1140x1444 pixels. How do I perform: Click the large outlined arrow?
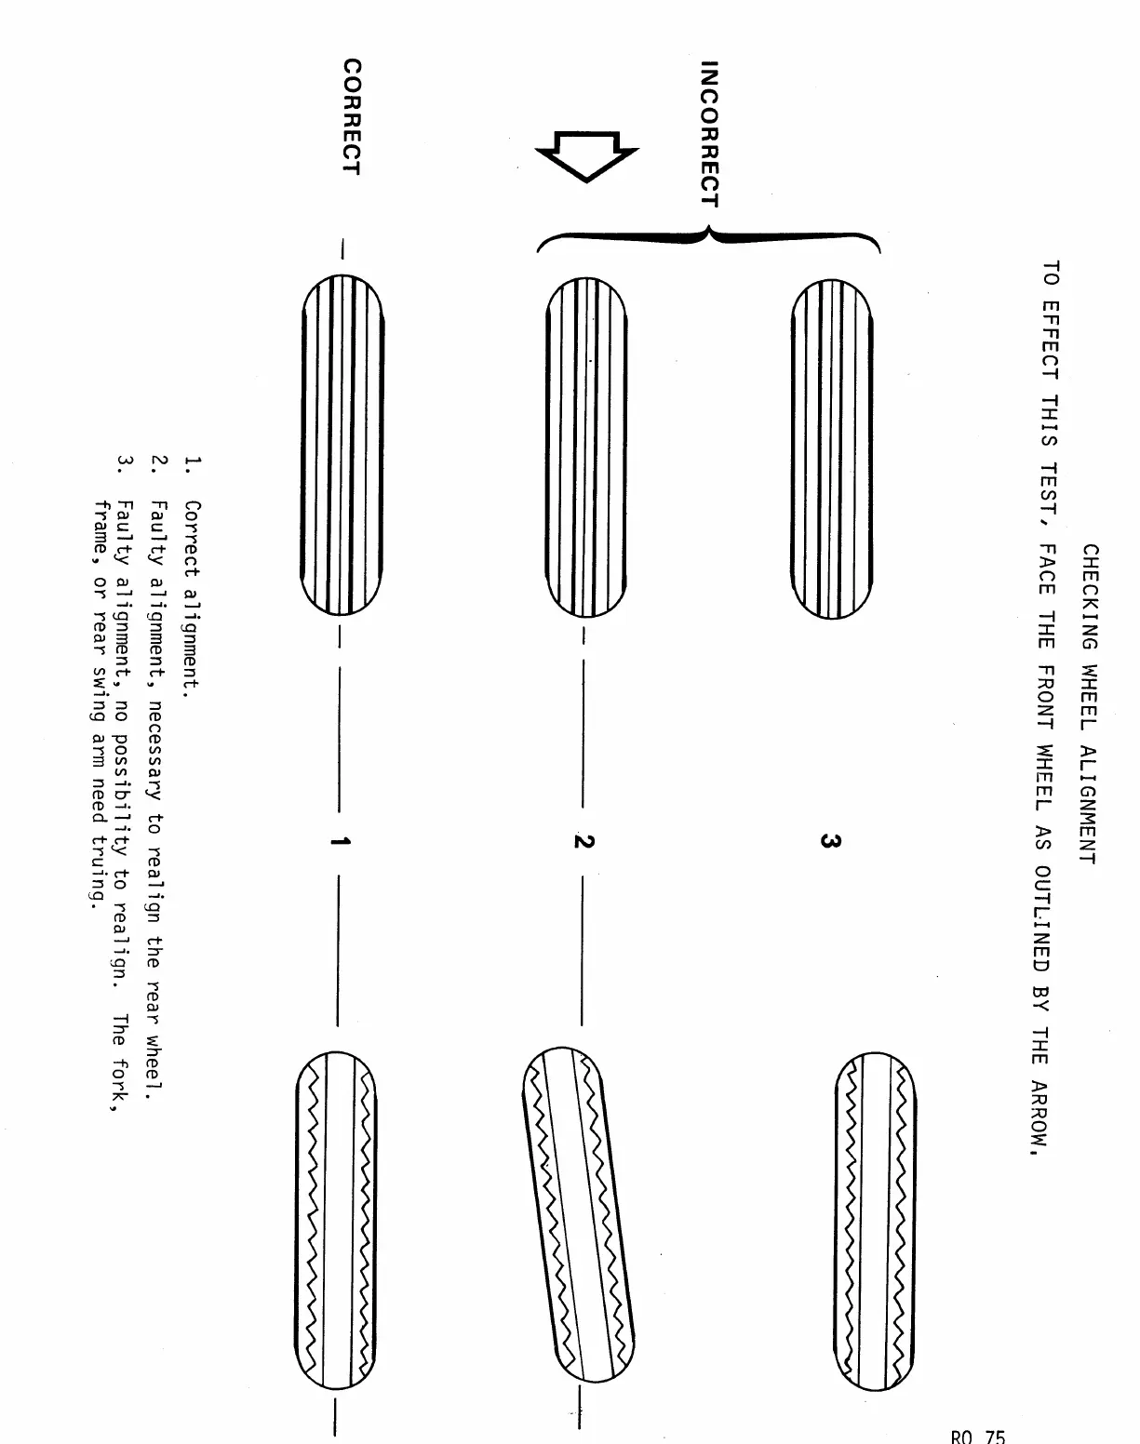coord(586,154)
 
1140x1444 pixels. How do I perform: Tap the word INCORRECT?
coord(710,134)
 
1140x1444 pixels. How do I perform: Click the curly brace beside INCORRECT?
coord(707,239)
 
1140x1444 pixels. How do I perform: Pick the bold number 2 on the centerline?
coord(583,841)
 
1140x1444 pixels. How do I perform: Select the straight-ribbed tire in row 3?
coord(831,448)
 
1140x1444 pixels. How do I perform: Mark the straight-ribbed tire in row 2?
coord(586,447)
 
